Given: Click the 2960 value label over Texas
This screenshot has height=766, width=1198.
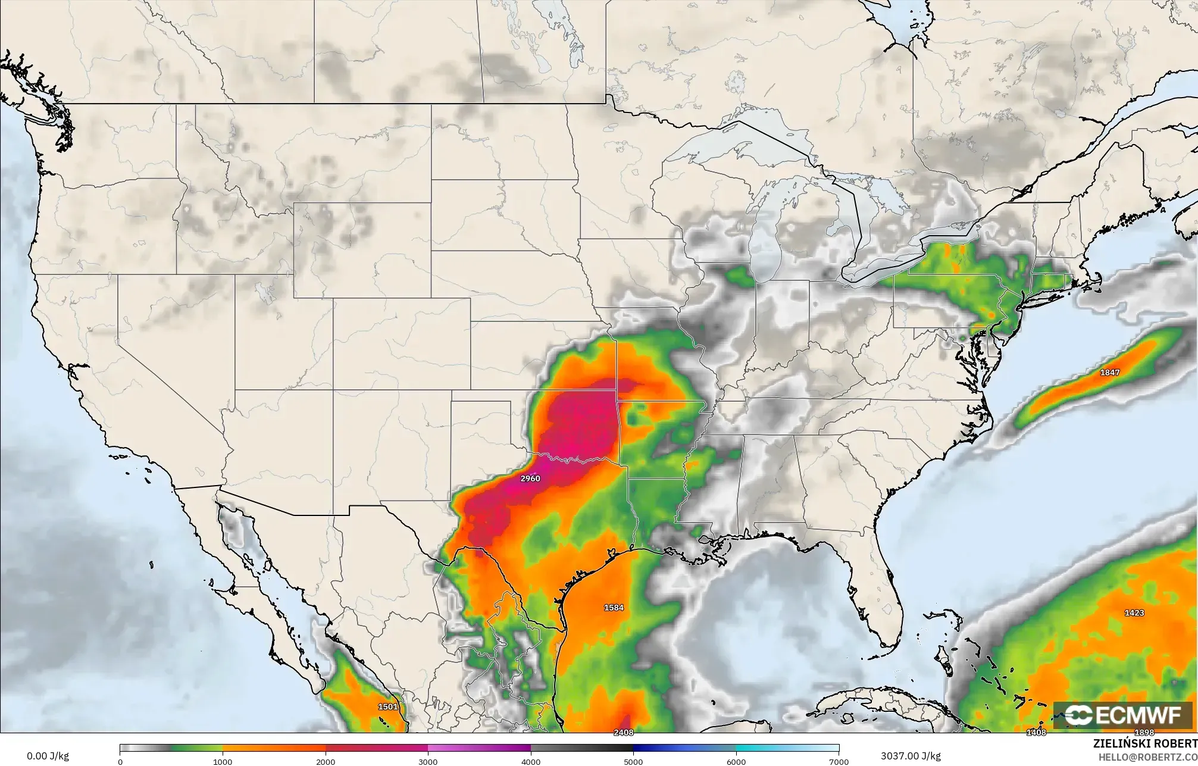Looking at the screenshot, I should pyautogui.click(x=530, y=479).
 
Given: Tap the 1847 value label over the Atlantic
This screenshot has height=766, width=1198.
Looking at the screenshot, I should pyautogui.click(x=1109, y=373).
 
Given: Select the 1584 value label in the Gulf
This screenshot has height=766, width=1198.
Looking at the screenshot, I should pyautogui.click(x=614, y=608).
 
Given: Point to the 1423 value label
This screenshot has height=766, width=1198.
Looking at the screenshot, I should pyautogui.click(x=1134, y=613).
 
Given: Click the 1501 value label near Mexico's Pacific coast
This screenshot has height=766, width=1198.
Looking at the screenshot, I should pyautogui.click(x=387, y=707).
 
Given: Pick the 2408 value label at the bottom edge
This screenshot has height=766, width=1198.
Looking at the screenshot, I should pyautogui.click(x=624, y=733).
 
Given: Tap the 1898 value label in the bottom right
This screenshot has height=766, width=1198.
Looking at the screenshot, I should pyautogui.click(x=1144, y=733).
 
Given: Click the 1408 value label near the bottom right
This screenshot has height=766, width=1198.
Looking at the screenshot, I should pyautogui.click(x=1036, y=733).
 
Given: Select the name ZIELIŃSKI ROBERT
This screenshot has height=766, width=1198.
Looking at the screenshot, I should pyautogui.click(x=1145, y=743).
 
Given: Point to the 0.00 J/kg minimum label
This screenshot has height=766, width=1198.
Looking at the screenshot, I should pyautogui.click(x=48, y=756).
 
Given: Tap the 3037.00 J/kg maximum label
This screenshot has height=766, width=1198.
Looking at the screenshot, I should pyautogui.click(x=911, y=756).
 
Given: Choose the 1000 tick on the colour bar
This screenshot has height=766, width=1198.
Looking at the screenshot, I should pyautogui.click(x=223, y=761).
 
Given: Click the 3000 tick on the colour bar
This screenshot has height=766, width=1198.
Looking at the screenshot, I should pyautogui.click(x=428, y=761).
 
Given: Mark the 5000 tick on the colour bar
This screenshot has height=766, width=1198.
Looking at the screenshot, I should pyautogui.click(x=633, y=761).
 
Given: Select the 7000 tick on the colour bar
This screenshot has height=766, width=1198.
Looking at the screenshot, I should pyautogui.click(x=838, y=761).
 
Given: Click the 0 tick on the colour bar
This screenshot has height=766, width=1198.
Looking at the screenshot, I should pyautogui.click(x=120, y=761).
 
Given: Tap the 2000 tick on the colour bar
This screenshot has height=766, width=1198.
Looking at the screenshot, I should pyautogui.click(x=325, y=761).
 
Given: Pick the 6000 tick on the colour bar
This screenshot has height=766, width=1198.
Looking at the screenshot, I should pyautogui.click(x=736, y=761).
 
